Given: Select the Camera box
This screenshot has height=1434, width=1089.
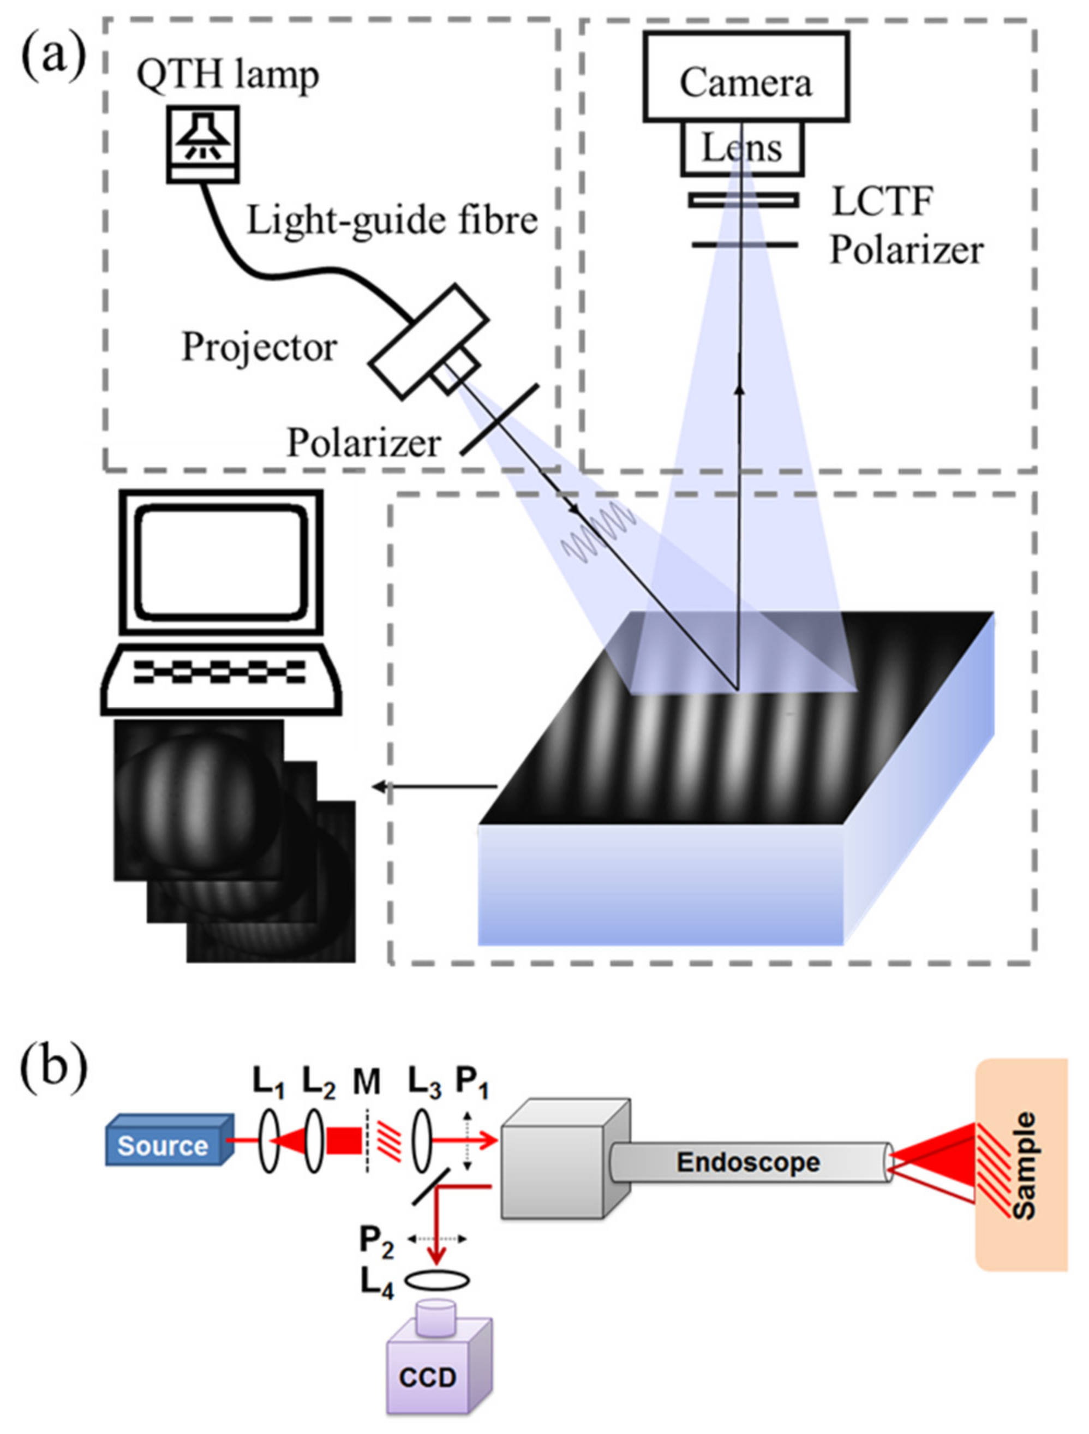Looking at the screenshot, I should pyautogui.click(x=745, y=76).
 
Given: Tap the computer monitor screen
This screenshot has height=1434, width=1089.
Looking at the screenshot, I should pyautogui.click(x=220, y=563).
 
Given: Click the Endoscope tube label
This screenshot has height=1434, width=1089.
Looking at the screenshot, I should pyautogui.click(x=748, y=1162).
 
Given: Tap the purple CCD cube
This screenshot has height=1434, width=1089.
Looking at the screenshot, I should pyautogui.click(x=431, y=1378).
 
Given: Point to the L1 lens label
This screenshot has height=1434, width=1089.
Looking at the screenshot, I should pyautogui.click(x=268, y=1084).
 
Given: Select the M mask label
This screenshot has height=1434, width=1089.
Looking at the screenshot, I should pyautogui.click(x=367, y=1082).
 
